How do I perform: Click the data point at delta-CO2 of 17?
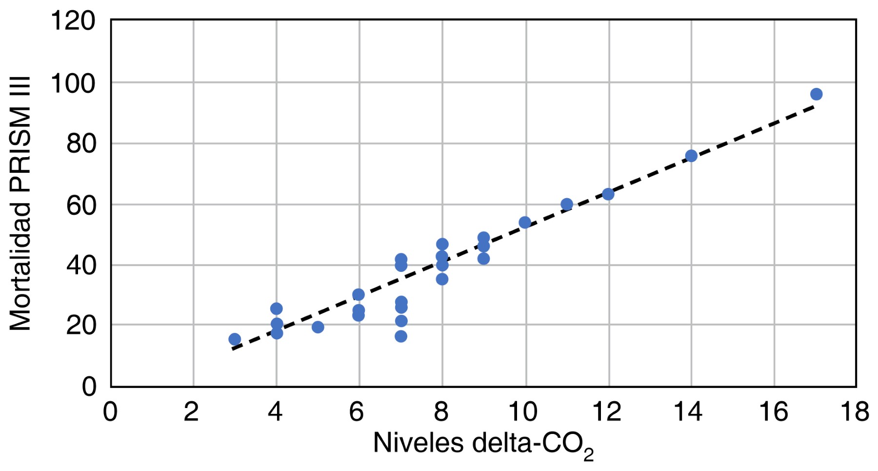(x=816, y=94)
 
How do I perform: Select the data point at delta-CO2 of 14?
(x=691, y=156)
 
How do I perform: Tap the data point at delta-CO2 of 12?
(x=608, y=194)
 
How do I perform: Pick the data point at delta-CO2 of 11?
(x=566, y=204)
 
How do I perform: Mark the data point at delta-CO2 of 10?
(x=525, y=223)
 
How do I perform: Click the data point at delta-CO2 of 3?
(x=235, y=339)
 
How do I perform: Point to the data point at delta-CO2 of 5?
(x=318, y=327)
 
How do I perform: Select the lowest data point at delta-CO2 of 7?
(x=401, y=336)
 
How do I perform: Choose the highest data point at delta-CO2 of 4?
(x=276, y=308)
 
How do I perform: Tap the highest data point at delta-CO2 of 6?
(x=359, y=294)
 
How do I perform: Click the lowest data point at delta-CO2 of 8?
(x=442, y=279)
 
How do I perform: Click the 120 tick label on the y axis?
(x=73, y=21)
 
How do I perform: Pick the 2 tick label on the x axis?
(x=191, y=411)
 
